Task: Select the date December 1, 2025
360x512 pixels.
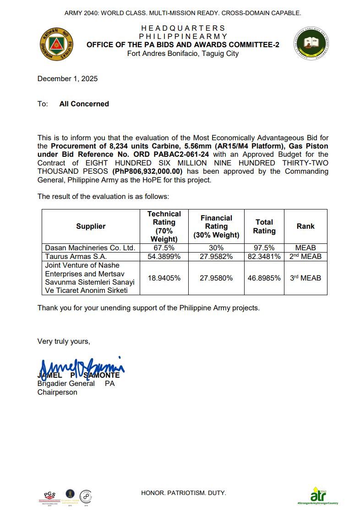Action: [x=67, y=79]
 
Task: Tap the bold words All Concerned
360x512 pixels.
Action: [x=84, y=104]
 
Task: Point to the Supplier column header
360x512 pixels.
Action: [x=91, y=226]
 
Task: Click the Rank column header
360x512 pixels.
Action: [x=305, y=226]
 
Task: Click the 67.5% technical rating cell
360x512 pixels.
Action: [x=164, y=248]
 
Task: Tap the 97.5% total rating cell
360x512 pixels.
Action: [x=264, y=248]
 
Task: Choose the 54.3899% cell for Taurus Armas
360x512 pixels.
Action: [x=164, y=256]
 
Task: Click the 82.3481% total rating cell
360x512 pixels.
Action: [x=264, y=256]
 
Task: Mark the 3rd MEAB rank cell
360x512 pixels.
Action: [x=305, y=278]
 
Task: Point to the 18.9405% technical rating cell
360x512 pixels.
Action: [x=164, y=278]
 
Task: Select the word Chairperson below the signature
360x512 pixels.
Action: [x=57, y=392]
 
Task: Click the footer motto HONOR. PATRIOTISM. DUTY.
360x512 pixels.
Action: [x=183, y=493]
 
